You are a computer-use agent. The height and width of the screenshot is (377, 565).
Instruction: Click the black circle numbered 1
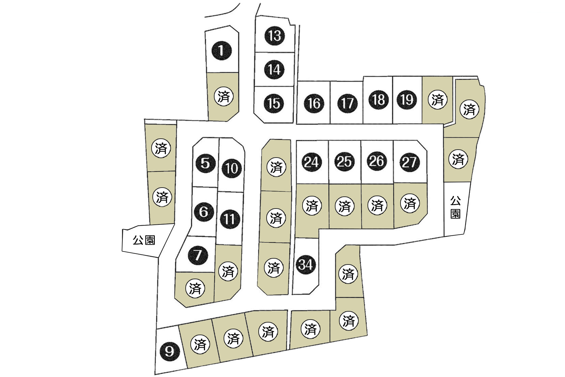221,50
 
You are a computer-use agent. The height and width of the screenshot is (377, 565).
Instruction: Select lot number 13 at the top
275,36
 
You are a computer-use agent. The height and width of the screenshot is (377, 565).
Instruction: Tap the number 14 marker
274,70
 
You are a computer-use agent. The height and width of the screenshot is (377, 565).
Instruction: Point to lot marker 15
274,103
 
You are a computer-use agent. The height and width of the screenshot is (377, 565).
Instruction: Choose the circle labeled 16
314,103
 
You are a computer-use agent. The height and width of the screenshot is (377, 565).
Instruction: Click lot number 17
348,103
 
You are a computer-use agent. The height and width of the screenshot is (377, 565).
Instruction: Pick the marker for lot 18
378,100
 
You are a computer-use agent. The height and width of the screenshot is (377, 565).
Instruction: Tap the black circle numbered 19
407,100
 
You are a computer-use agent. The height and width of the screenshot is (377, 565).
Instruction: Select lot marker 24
312,162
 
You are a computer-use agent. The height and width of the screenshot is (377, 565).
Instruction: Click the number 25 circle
344,161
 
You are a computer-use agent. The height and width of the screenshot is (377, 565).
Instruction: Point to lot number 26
377,161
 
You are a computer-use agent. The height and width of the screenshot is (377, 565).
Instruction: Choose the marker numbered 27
409,162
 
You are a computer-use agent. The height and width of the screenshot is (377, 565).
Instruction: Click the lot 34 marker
305,264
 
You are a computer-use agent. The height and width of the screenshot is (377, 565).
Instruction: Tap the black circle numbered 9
169,351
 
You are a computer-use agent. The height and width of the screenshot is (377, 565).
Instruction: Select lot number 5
205,163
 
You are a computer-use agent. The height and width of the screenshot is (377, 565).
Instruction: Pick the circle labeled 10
232,168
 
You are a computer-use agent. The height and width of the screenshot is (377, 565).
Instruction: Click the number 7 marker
198,255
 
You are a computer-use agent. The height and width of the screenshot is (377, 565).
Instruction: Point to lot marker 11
230,219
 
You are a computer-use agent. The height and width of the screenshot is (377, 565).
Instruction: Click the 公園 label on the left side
144,240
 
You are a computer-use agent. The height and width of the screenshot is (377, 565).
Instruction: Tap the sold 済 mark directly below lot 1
224,96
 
